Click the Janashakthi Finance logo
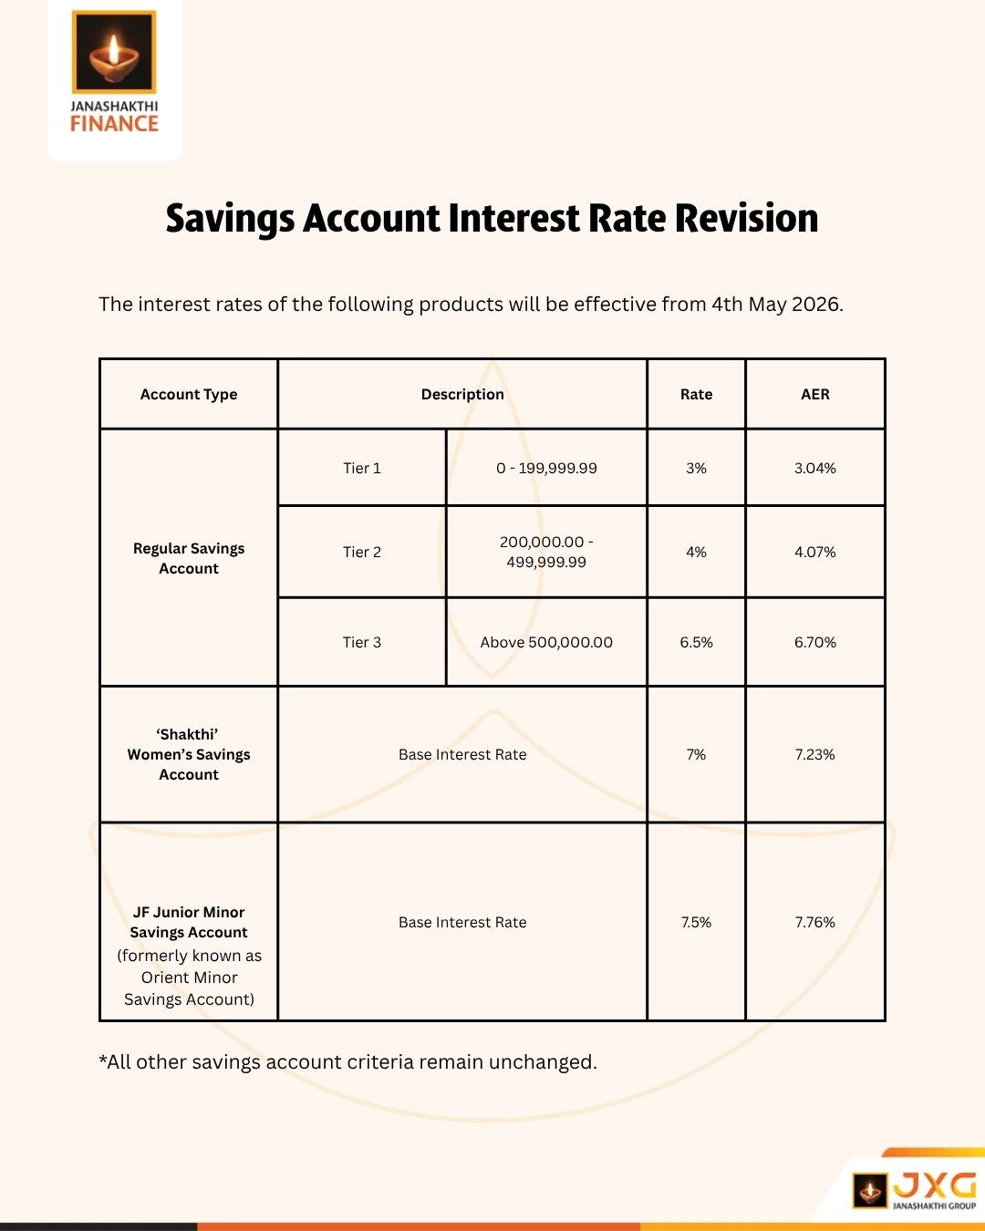(114, 73)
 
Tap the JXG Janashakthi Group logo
(915, 1189)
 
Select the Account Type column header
(189, 394)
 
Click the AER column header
(814, 394)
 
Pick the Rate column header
(696, 394)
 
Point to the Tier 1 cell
(362, 468)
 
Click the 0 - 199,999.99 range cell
(546, 468)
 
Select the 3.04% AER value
(814, 468)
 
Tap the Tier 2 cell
(362, 552)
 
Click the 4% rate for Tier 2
(696, 552)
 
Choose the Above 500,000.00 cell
(546, 642)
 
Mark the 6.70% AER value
(814, 642)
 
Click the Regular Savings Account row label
(189, 558)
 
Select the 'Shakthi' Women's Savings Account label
(189, 754)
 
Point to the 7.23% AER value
(814, 754)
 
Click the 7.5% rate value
(696, 922)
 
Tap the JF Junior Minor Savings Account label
(189, 922)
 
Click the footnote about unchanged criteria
(347, 1062)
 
